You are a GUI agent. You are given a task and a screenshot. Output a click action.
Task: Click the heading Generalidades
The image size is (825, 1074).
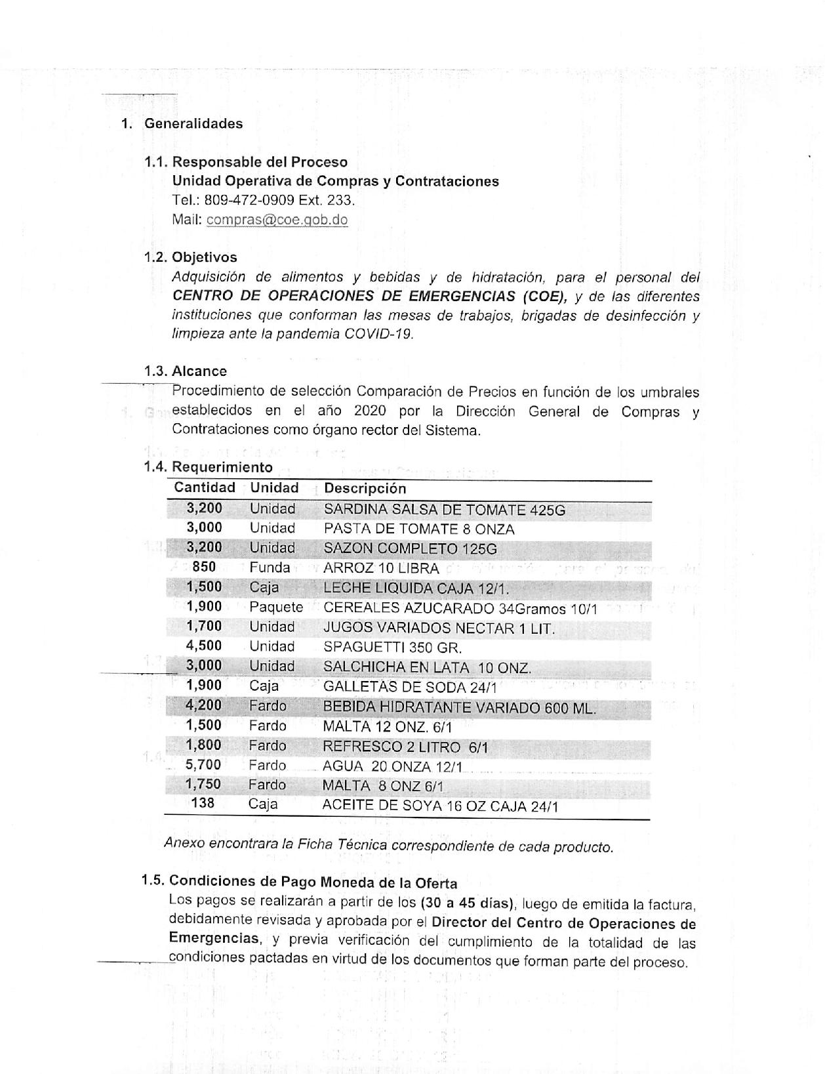pos(193,123)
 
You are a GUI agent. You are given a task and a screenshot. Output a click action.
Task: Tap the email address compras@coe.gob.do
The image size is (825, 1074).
pos(277,220)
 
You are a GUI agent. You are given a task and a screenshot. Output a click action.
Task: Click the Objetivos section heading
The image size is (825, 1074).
pos(204,257)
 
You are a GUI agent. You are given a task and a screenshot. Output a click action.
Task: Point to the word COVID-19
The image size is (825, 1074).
pos(380,334)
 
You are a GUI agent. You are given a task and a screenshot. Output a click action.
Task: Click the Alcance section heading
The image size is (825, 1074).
pos(199,371)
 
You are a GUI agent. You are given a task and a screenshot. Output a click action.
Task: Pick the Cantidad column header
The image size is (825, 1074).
pos(204,487)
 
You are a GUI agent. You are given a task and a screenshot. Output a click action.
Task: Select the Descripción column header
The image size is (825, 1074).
pos(365,488)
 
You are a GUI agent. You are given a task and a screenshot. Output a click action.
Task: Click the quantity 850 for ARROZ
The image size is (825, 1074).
pos(204,567)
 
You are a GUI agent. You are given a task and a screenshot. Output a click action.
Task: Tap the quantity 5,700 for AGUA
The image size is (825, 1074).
pos(203,764)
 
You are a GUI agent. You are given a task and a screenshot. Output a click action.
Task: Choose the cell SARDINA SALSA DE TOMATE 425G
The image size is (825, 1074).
pos(444,510)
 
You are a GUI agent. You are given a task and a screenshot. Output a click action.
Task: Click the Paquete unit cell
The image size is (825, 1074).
pos(275,608)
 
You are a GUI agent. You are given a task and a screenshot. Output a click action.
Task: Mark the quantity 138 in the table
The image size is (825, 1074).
pos(203,803)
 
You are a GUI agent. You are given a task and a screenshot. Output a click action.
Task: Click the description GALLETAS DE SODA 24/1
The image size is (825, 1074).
pos(410,687)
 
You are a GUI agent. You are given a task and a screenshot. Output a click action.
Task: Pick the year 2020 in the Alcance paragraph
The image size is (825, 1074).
pos(370,411)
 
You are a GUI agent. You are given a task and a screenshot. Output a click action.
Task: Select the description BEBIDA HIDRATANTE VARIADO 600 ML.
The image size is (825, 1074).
pos(459,708)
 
